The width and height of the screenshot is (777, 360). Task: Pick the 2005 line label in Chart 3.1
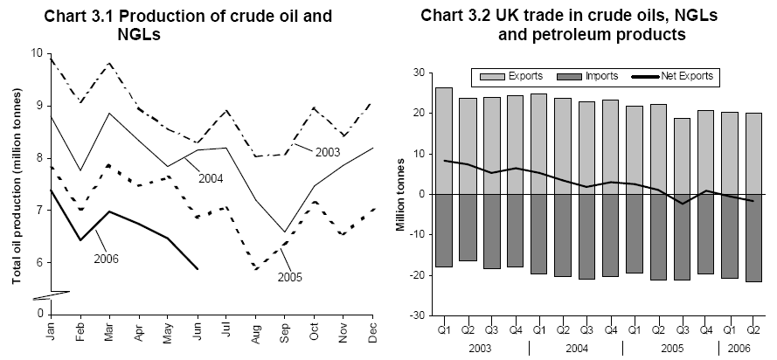coord(292,278)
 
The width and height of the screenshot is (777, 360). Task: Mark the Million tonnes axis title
coord(401,194)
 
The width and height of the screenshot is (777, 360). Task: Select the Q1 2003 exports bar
coord(443,141)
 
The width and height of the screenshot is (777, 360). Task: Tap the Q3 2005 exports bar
coord(681,156)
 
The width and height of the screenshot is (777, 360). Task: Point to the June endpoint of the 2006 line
coord(197,269)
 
